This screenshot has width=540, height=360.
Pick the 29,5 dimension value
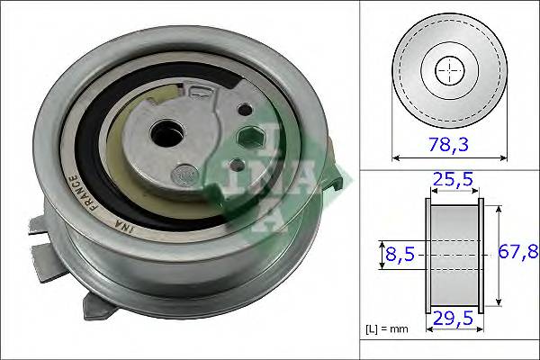(453, 318)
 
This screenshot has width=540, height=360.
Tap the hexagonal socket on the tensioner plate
(253, 138)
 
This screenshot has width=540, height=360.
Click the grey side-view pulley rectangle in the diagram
(453, 254)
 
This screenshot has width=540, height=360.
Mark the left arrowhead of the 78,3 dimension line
(395, 158)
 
